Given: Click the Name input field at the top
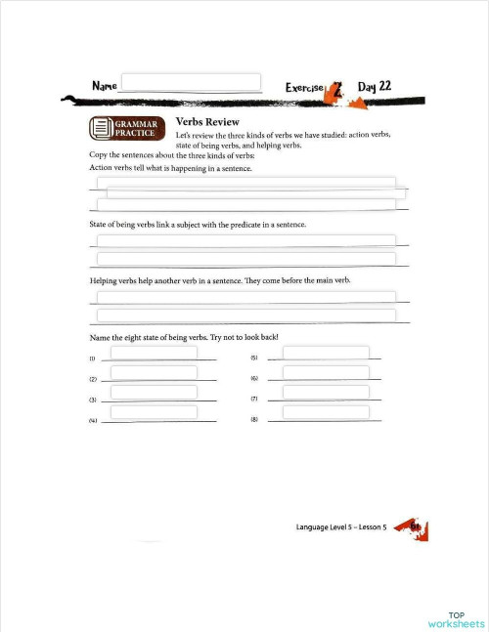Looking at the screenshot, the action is point(191,83).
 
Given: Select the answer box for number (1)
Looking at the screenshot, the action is point(154,353).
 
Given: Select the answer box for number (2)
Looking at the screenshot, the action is point(154,372).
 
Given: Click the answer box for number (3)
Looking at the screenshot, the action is point(154,392).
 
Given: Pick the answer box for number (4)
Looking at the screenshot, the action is point(154,412).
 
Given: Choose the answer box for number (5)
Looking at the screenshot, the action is point(326,353).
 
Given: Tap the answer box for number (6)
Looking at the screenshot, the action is point(326,372).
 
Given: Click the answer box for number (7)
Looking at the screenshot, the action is point(326,392).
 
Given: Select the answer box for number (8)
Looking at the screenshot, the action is point(326,412).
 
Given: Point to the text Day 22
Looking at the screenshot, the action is point(375,86).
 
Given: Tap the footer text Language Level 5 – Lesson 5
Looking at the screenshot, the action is point(341,527).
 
